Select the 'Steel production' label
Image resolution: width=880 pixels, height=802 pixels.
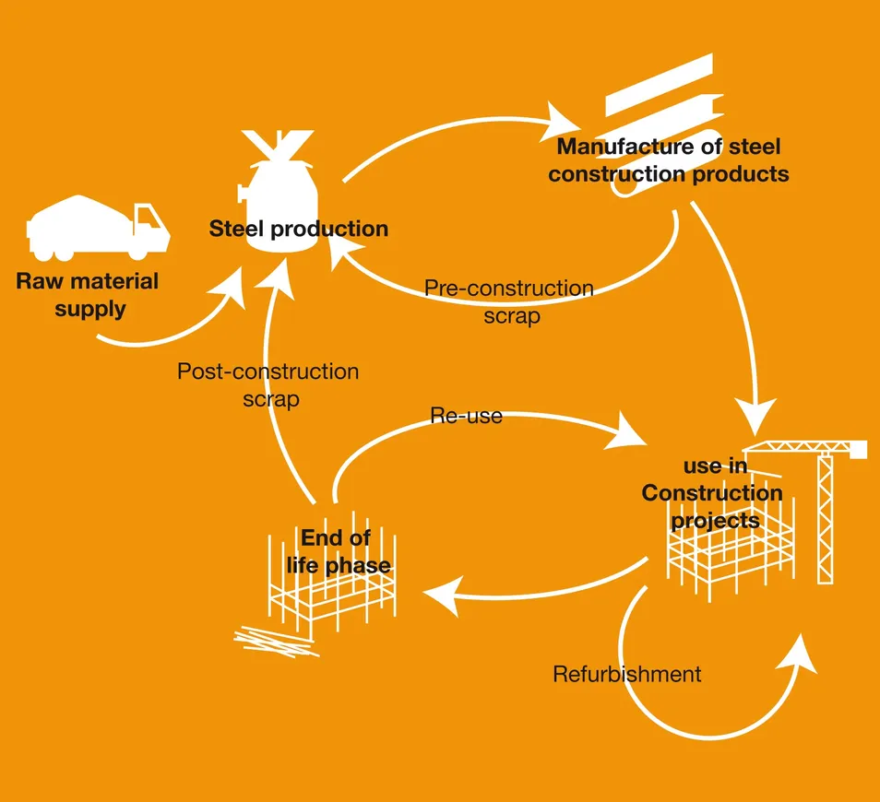click(x=298, y=229)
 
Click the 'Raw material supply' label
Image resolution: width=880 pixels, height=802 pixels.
click(x=88, y=295)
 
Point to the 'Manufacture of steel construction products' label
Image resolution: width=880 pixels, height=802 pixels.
click(x=669, y=159)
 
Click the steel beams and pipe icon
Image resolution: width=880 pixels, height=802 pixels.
click(x=660, y=101)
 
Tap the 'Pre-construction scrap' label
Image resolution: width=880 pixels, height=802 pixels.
click(x=509, y=301)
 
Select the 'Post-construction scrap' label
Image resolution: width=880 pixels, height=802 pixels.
click(x=268, y=385)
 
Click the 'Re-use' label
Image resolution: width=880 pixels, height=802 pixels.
click(x=466, y=416)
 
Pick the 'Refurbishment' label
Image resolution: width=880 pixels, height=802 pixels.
click(x=626, y=674)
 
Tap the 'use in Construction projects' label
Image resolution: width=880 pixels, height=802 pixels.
click(x=712, y=493)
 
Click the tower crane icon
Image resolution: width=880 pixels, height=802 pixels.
click(x=823, y=498)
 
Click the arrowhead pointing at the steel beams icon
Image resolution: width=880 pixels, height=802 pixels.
click(x=561, y=118)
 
